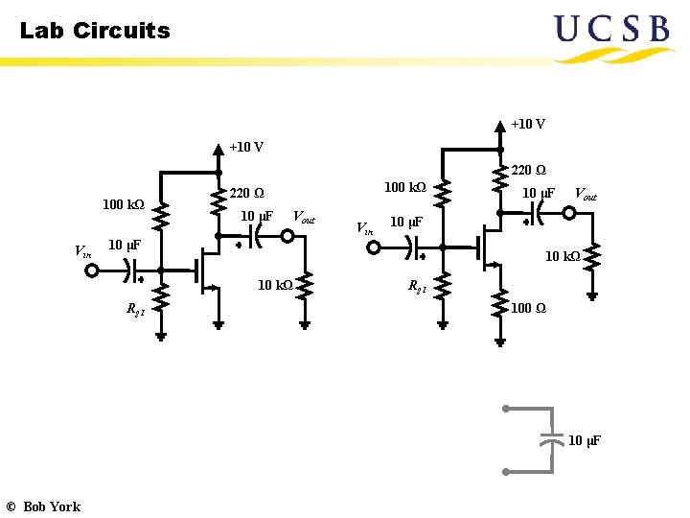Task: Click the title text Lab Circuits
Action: click(x=95, y=31)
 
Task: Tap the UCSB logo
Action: click(x=611, y=35)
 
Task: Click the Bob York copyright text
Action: click(x=43, y=506)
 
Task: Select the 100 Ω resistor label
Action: click(x=528, y=308)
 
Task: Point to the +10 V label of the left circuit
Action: click(x=246, y=147)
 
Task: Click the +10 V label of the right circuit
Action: click(x=528, y=124)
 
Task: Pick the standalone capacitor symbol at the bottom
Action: click(x=550, y=440)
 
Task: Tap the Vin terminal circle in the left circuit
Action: click(x=91, y=271)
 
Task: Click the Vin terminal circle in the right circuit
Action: click(x=374, y=247)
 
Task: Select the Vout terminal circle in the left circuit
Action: click(x=287, y=235)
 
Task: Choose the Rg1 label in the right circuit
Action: click(x=418, y=285)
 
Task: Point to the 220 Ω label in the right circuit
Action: click(x=528, y=170)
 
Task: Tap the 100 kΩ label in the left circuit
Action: click(x=123, y=204)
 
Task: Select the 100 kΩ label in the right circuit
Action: click(x=404, y=186)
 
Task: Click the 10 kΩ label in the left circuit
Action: click(x=275, y=284)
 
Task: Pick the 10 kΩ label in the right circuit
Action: click(x=563, y=256)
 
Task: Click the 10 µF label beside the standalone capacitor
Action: click(x=585, y=440)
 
